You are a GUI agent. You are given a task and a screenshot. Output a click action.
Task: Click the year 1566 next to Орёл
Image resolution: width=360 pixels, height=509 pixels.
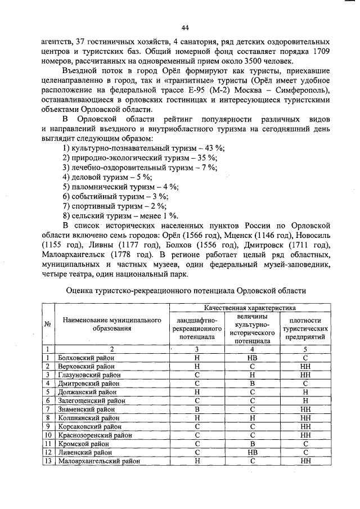200,234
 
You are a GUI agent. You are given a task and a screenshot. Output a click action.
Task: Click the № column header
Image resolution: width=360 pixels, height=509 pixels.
48,325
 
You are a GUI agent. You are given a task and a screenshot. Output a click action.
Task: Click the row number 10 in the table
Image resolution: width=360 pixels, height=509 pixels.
48,435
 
